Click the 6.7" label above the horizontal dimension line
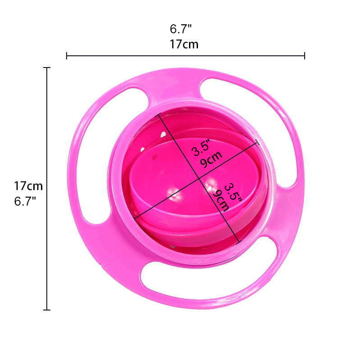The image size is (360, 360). (x=181, y=29)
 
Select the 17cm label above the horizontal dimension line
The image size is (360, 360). (x=184, y=44)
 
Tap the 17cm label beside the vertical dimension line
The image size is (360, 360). (x=28, y=186)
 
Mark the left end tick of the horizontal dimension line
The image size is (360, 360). (x=67, y=56)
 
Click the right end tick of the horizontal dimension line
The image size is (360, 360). (x=305, y=56)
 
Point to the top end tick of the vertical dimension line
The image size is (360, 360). (x=46, y=67)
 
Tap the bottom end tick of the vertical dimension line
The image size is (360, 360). (x=46, y=310)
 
